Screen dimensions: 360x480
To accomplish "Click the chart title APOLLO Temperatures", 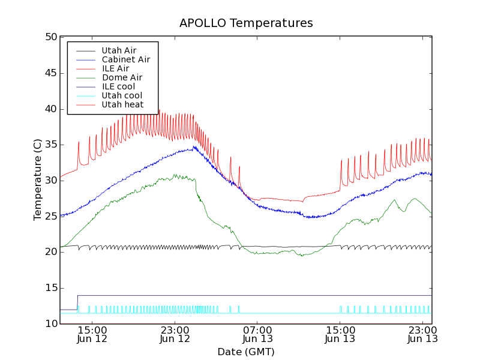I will point(246,23).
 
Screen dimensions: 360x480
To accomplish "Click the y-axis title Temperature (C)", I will point(38,180).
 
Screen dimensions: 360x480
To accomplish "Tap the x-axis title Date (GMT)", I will point(246,352).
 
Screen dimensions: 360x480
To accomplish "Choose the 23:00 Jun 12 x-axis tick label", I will point(175,334).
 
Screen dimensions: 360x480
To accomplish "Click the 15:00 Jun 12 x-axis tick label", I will point(92,334).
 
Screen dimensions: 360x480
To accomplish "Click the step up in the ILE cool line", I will point(77,302).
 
